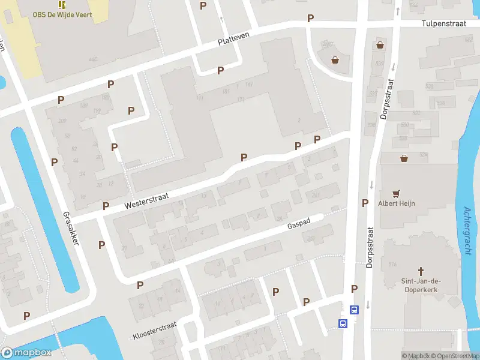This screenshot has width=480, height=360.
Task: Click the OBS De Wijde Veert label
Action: coord(62,14)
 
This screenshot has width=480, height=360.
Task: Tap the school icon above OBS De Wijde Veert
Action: coord(62,5)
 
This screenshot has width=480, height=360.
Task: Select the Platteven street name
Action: coord(233,40)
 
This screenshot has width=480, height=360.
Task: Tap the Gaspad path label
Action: coord(298,223)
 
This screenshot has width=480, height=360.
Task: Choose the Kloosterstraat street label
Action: coord(155,329)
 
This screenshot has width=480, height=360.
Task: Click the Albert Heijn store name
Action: coord(396,203)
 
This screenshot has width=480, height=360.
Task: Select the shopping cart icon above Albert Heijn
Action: coord(396,193)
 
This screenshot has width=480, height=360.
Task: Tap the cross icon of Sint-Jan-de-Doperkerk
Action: coord(421,272)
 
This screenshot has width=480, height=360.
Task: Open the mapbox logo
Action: coord(26,353)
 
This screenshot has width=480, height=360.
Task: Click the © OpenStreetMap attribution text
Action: coord(454,356)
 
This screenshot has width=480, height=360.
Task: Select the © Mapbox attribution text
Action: coord(415,356)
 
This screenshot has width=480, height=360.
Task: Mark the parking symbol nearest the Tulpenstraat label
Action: coord(310,19)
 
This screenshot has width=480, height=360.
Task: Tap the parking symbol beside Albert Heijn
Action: coord(365,203)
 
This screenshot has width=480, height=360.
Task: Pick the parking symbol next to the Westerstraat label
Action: coord(106,206)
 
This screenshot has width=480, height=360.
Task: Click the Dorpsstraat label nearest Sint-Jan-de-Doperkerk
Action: coord(370,247)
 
